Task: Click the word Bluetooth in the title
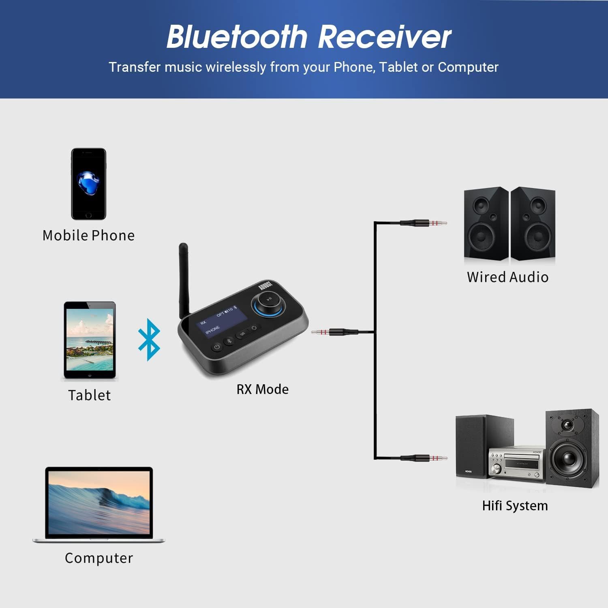[x=237, y=37]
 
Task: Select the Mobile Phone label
[x=88, y=235]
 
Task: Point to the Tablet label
[x=89, y=395]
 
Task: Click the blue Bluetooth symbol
[x=149, y=340]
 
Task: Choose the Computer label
[x=98, y=558]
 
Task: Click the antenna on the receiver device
[x=183, y=280]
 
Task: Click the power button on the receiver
[x=217, y=347]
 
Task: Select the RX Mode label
[x=262, y=390]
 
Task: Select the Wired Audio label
[x=507, y=277]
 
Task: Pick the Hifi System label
[x=515, y=506]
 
